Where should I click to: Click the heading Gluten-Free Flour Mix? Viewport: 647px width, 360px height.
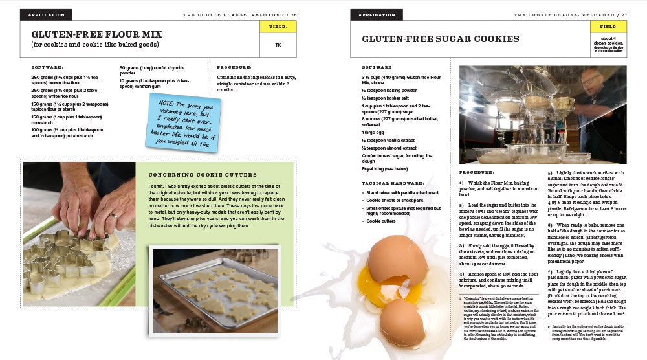coord(96,34)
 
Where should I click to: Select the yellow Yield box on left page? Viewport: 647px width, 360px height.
coord(278,27)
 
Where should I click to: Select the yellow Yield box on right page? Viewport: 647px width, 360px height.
coord(608,27)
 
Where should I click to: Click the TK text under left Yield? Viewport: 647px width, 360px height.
coord(278,45)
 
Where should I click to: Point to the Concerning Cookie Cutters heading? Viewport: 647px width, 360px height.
coord(203,175)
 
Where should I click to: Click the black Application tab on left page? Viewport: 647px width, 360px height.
coord(46,14)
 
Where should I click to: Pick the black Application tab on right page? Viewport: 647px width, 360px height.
coord(377,14)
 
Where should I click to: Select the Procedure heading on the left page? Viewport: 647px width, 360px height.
coord(234,67)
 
